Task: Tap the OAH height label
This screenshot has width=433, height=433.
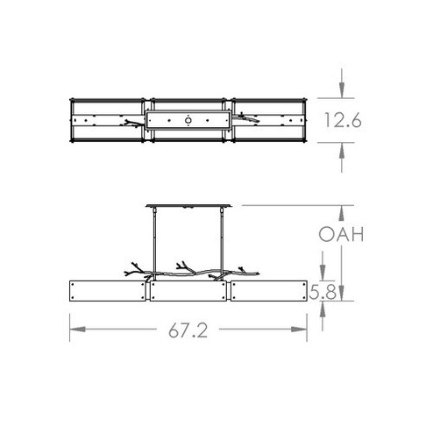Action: (x=341, y=235)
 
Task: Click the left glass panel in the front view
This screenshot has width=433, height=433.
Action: (x=108, y=292)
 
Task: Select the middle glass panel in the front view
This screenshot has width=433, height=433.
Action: (x=189, y=292)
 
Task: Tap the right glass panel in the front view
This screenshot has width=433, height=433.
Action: (x=270, y=292)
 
